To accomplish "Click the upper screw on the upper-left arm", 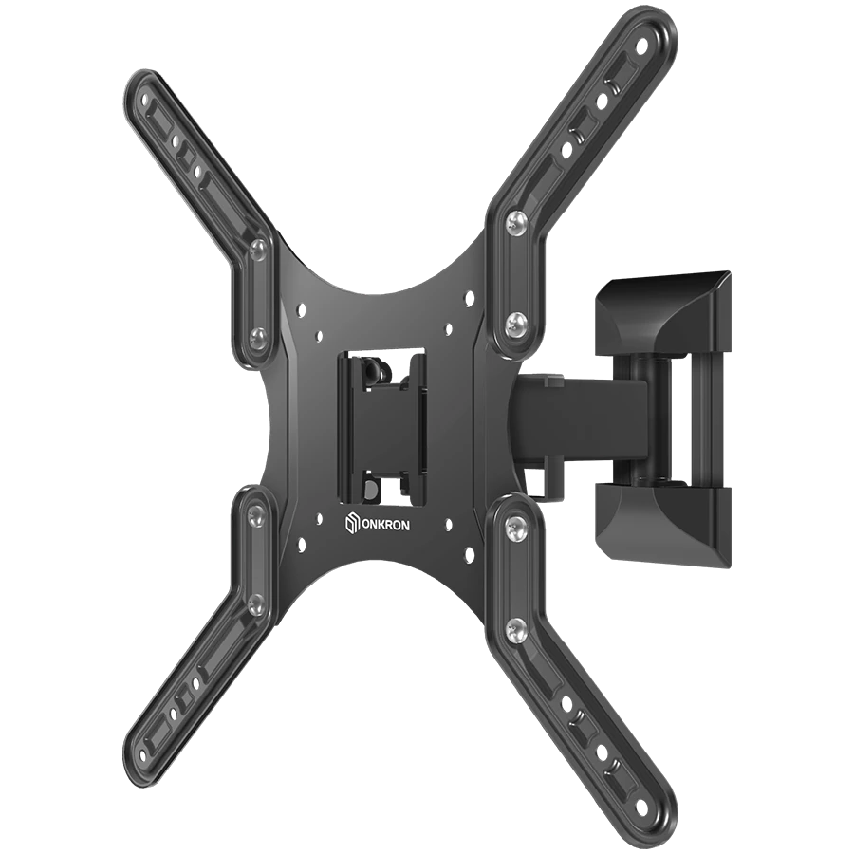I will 257,248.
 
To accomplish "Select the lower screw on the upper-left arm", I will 255,335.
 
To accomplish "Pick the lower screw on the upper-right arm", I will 517,326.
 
